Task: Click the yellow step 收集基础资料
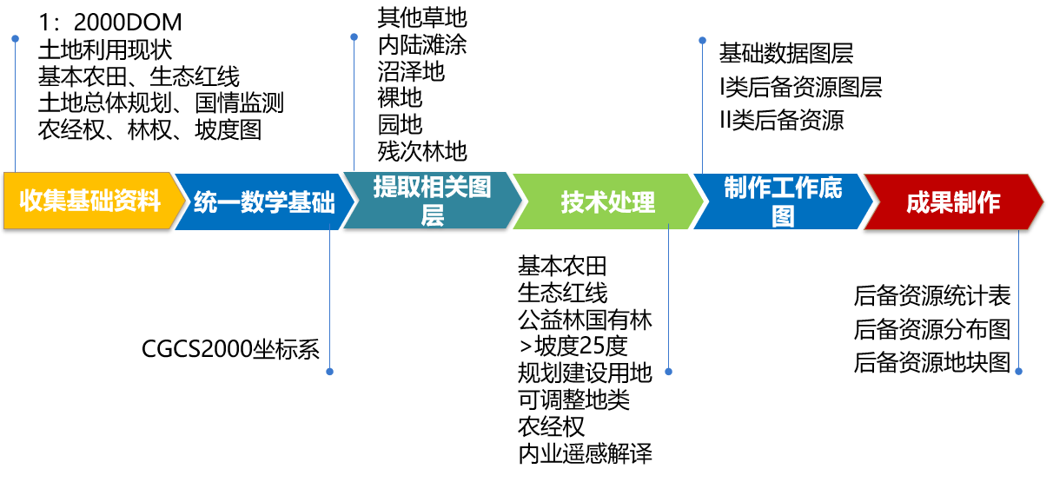90,201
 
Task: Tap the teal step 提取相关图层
432,201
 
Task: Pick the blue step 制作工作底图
783,201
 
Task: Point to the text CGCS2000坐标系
231,349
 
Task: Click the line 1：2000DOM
109,23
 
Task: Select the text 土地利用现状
105,50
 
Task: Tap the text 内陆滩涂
422,44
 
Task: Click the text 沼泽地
411,71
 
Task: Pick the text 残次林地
422,152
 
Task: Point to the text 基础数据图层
786,54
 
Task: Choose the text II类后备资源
781,120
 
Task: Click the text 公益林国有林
585,320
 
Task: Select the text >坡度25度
573,347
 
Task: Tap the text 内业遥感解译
585,453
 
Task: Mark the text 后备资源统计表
932,296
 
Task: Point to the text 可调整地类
573,399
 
